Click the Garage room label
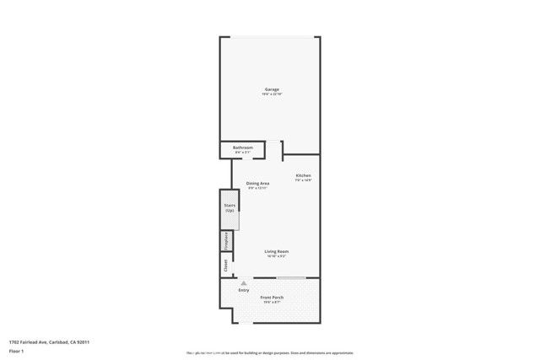tap(271, 89)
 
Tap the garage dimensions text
tap(271, 94)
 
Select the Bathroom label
tap(243, 148)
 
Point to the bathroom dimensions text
tap(243, 153)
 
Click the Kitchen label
tap(304, 175)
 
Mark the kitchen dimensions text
tap(304, 180)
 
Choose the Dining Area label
tap(257, 183)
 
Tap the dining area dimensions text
tap(257, 188)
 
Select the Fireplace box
tap(226, 241)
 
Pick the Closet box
tap(226, 265)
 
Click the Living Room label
tap(277, 251)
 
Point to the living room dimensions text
tap(277, 256)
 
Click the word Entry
tap(244, 291)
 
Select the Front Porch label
tap(272, 298)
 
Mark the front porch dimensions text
tap(272, 303)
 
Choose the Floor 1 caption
tap(16, 350)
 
